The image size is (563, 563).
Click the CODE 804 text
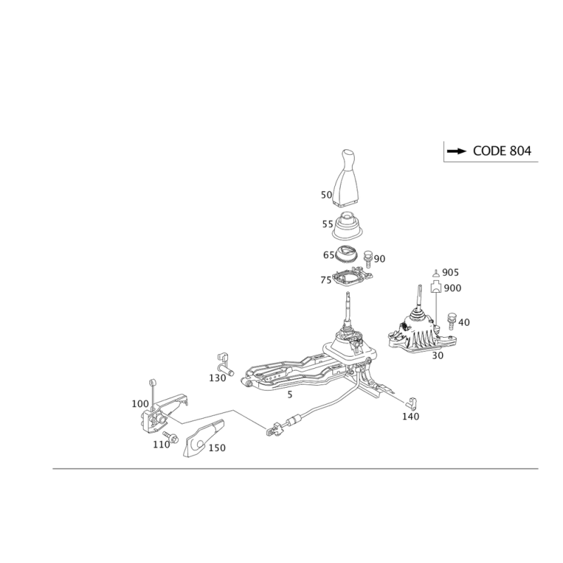coord(502,151)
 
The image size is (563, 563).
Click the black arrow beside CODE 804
coord(456,151)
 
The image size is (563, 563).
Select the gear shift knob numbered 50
coord(346,178)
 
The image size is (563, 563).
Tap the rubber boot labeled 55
coord(347,226)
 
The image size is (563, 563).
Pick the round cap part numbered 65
coord(346,254)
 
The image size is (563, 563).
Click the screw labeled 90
coord(367,258)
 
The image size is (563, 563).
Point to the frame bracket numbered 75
coord(353,277)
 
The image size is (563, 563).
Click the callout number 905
coord(450,272)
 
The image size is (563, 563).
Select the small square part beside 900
coord(436,287)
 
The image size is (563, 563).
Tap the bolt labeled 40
coord(451,321)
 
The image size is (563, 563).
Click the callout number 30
coord(437,355)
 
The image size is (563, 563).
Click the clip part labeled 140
coord(410,403)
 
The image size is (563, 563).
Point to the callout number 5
coord(290,395)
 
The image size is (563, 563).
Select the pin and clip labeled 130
coord(224,364)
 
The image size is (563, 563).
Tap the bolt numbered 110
coord(171,437)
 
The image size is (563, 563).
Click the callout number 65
coord(329,255)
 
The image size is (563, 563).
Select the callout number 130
coord(217,378)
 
